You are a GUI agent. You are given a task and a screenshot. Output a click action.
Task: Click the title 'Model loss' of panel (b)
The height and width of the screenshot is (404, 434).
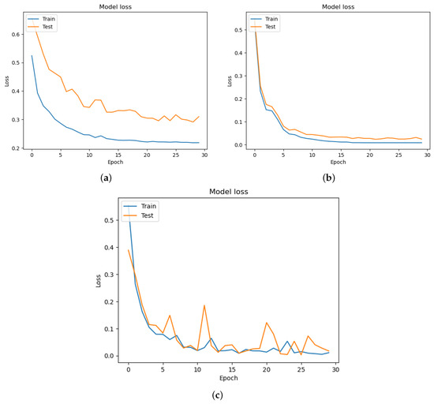[x=339, y=6]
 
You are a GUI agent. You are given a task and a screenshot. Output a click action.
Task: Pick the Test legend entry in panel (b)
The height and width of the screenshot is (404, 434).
[x=268, y=26]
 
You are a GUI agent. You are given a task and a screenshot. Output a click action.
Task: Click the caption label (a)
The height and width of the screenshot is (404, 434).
[x=106, y=180]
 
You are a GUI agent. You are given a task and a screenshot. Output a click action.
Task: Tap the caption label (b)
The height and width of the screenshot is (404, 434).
[x=327, y=180]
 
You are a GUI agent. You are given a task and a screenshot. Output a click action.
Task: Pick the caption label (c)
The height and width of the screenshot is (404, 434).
[x=217, y=392]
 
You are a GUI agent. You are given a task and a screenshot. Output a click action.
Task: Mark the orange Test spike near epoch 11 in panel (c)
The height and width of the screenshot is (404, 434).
[x=204, y=305]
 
